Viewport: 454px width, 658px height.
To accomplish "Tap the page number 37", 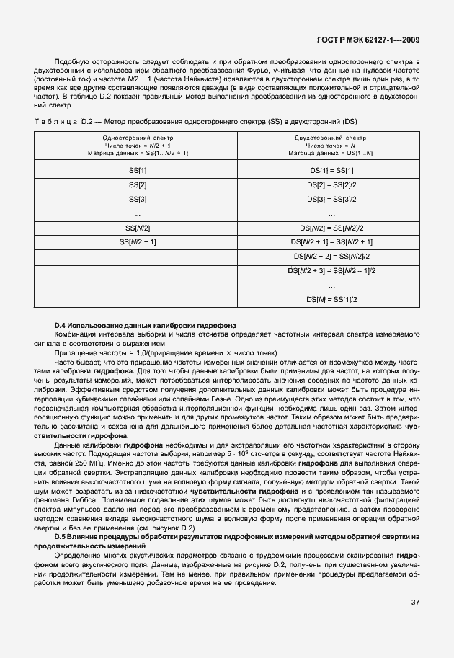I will coord(416,603).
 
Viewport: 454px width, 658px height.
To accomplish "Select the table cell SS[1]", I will coord(137,170).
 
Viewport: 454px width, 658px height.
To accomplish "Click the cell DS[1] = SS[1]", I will coord(331,170).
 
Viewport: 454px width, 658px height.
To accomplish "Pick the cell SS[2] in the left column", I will coord(137,184).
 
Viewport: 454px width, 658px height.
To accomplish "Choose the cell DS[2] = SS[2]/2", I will coord(331,184).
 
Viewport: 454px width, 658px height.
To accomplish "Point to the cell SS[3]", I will coord(137,199).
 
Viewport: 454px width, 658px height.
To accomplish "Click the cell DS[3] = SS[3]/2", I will coord(331,199).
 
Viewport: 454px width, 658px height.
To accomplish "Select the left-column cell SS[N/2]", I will coord(137,228).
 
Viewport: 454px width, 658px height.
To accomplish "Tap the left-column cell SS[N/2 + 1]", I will coord(137,242).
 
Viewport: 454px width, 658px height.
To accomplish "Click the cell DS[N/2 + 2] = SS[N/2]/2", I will coord(331,256).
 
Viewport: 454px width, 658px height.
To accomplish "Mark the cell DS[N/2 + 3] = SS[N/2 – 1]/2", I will coord(331,270).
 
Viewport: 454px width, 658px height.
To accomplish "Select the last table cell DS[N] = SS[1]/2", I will coord(331,299).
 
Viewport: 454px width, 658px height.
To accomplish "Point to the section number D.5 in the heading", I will coord(63,536).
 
